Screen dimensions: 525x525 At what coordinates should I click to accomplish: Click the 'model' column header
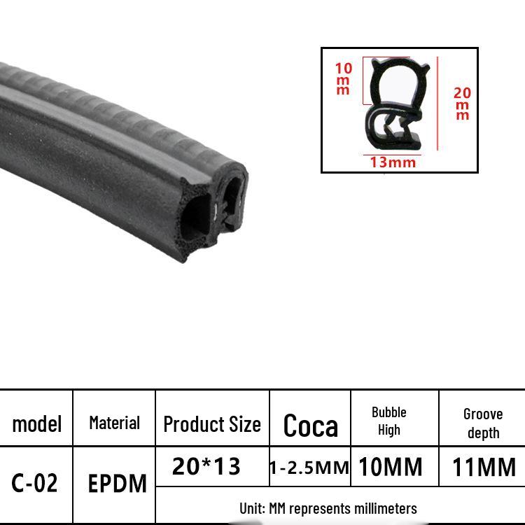click(x=37, y=424)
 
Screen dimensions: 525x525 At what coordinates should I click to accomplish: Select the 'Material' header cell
click(x=115, y=423)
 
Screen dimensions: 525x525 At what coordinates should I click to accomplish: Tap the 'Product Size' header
click(x=212, y=424)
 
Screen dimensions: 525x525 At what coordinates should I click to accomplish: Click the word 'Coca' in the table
click(x=310, y=425)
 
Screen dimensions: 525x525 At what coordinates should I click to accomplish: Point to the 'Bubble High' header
click(x=389, y=421)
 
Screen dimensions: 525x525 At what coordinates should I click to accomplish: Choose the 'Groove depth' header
click(x=483, y=423)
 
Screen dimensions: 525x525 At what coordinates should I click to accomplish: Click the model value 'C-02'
click(x=34, y=483)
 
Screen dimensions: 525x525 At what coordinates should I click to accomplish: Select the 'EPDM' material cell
click(x=117, y=484)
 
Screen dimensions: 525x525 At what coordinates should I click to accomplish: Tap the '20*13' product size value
click(x=206, y=465)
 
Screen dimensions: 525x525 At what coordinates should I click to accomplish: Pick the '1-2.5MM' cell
click(x=309, y=468)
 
